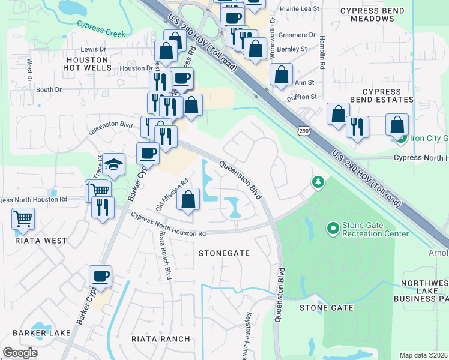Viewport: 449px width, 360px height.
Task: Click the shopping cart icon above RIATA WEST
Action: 23,219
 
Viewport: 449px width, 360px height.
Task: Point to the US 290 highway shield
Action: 304,130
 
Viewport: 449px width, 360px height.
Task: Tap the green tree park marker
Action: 316,181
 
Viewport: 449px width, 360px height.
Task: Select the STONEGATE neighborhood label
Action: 224,253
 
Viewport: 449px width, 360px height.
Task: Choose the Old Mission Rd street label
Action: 172,194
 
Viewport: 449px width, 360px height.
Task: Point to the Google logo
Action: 20,352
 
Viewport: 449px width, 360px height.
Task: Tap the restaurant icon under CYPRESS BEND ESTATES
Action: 357,127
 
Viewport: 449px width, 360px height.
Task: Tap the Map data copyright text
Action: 424,355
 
